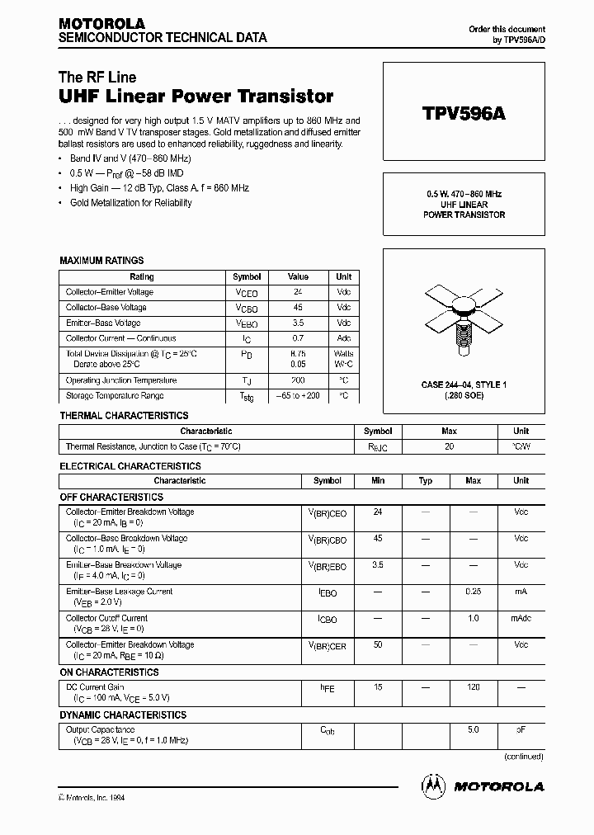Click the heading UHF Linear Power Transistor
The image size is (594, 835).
pos(196,97)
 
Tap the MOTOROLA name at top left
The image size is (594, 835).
pos(101,24)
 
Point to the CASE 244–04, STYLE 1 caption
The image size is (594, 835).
pos(464,385)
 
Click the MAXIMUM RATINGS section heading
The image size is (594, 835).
pos(101,261)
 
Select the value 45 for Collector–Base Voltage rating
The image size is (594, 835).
pos(298,308)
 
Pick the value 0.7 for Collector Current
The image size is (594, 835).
pos(298,338)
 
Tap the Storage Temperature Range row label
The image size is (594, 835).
pos(120,396)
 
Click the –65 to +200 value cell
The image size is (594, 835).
pos(298,396)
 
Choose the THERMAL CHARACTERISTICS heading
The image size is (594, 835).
pos(124,416)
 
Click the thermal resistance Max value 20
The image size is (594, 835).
pos(449,446)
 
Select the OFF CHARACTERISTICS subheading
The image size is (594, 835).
pos(111,498)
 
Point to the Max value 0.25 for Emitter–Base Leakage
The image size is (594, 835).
pos(473,592)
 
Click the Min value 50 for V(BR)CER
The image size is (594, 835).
pos(378,644)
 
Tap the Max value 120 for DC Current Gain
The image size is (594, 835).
pos(473,686)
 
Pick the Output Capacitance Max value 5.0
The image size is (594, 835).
pos(473,729)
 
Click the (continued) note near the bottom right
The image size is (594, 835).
pos(523,756)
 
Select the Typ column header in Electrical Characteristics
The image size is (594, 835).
pos(426,481)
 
